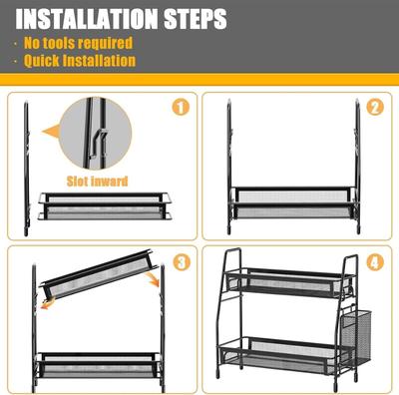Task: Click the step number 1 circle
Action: pyautogui.click(x=181, y=107)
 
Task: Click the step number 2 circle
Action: pyautogui.click(x=375, y=107)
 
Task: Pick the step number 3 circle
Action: pyautogui.click(x=181, y=262)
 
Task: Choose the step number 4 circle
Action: pyautogui.click(x=375, y=262)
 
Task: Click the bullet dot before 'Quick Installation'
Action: pyautogui.click(x=16, y=62)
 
